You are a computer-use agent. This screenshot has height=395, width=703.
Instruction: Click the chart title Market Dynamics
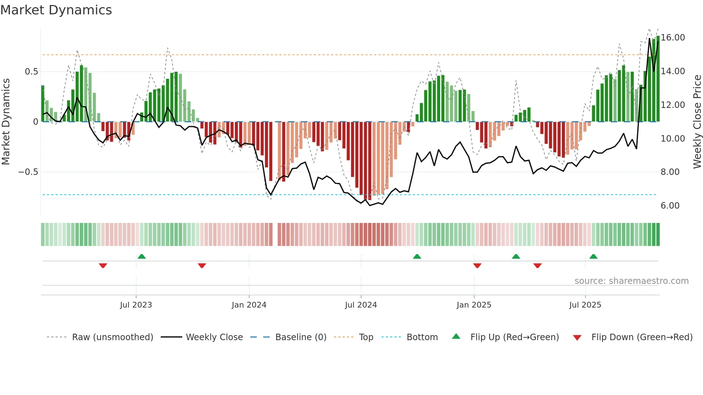click(x=56, y=10)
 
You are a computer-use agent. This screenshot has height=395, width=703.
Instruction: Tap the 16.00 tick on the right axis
click(x=673, y=38)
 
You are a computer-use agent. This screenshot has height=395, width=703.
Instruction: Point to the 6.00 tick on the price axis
click(x=670, y=206)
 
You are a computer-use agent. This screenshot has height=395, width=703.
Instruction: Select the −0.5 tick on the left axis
click(x=28, y=172)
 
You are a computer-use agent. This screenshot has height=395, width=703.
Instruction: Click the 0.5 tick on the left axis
click(x=31, y=72)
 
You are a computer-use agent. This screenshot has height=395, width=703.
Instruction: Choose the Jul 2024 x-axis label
click(x=361, y=305)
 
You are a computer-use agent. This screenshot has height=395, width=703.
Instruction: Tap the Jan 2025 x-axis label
click(x=474, y=305)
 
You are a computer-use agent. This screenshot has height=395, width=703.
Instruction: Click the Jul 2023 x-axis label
click(x=136, y=305)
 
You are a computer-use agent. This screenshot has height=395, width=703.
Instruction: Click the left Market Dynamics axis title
click(x=6, y=122)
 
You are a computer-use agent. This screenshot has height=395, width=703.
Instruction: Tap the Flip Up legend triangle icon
click(x=456, y=337)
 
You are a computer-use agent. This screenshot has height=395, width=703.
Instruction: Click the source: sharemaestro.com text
click(x=631, y=281)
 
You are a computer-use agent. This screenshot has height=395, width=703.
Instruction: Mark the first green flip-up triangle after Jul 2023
click(x=142, y=256)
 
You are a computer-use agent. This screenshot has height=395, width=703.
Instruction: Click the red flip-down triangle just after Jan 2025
click(x=477, y=266)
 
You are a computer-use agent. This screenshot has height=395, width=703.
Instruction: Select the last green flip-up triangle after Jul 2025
click(x=593, y=256)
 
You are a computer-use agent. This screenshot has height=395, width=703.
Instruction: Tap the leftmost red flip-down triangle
click(x=103, y=266)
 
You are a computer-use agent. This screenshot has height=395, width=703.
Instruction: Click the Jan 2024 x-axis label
click(x=249, y=305)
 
